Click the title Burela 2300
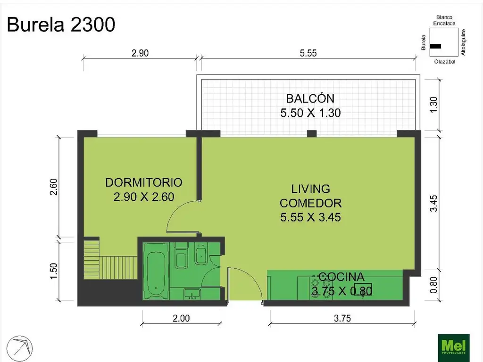coord(61,25)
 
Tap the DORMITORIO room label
coord(144,182)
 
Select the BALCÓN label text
coord(310,99)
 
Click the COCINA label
coord(341,277)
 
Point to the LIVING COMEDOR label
coord(310,196)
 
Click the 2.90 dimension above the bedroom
coord(140,53)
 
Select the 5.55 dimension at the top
coord(308,53)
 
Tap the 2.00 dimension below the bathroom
coord(181,318)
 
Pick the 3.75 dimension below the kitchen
coord(342,318)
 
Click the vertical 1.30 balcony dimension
coord(433,105)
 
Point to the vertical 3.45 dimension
coord(433,203)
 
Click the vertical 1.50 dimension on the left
coord(54,271)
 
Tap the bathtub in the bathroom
coord(156,271)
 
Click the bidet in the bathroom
coord(202,254)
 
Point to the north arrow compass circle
coord(20,348)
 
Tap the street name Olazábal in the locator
coord(445,62)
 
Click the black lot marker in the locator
coord(435,46)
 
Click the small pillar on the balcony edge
coord(312,133)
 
